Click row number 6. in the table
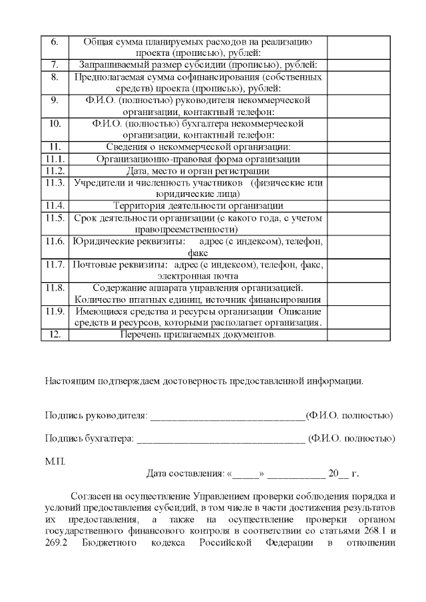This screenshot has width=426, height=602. tap(55, 41)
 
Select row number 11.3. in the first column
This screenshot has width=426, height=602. tap(55, 182)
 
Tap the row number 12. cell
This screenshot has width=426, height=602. tap(55, 335)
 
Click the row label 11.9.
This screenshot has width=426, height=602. tap(55, 311)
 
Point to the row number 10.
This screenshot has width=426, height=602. tap(55, 124)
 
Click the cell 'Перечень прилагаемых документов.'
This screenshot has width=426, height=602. tap(198, 335)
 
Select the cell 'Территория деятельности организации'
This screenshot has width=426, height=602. tap(198, 206)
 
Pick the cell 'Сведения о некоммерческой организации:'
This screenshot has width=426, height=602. tap(198, 147)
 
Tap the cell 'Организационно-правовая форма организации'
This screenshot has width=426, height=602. tap(198, 159)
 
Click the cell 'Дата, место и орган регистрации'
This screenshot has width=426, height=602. tap(198, 170)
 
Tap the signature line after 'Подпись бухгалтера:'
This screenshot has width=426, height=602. tap(220, 439)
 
